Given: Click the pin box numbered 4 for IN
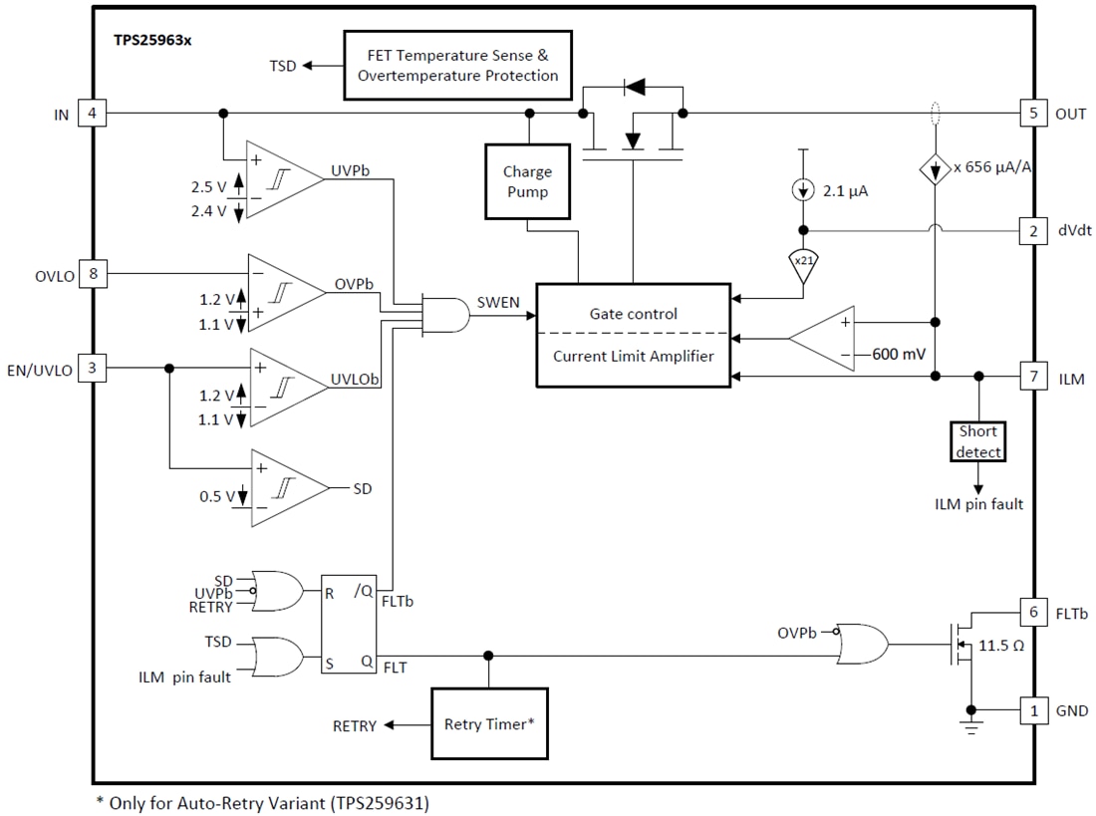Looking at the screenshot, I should (92, 114).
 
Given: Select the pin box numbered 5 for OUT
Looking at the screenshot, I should (1032, 114).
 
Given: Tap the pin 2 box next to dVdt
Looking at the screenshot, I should (1032, 231).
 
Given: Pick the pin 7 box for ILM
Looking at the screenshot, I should (1032, 379).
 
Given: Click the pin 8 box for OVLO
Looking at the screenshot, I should (92, 275).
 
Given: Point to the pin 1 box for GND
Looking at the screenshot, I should (1032, 711).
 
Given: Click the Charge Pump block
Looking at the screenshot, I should (527, 180).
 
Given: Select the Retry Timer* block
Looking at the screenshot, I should (489, 724).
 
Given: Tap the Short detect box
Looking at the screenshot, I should (977, 441).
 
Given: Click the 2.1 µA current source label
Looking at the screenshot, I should (843, 191).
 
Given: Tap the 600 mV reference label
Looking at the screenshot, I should (899, 354).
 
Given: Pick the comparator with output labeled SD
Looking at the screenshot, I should (286, 488).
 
